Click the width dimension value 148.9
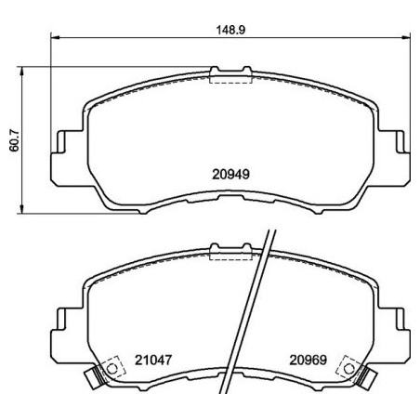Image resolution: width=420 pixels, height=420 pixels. coord(230,29)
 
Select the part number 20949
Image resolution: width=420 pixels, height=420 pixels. coord(230,173)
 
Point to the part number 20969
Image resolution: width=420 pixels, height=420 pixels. coord(307,359)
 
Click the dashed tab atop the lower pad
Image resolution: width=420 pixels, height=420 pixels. coord(230,253)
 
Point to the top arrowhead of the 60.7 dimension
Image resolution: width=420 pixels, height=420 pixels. coord(23,70)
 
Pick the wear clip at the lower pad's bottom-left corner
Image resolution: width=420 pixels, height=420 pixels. coord(93,378)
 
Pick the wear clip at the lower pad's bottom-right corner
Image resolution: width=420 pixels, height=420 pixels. coord(367,378)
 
